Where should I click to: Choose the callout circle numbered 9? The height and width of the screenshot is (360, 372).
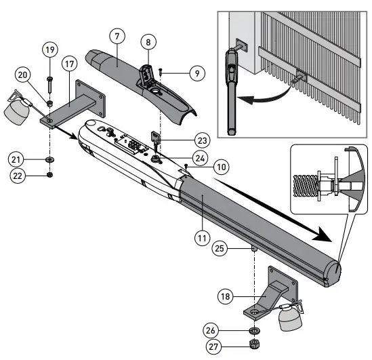tap(197, 73)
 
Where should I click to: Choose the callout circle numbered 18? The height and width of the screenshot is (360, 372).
tap(226, 296)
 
